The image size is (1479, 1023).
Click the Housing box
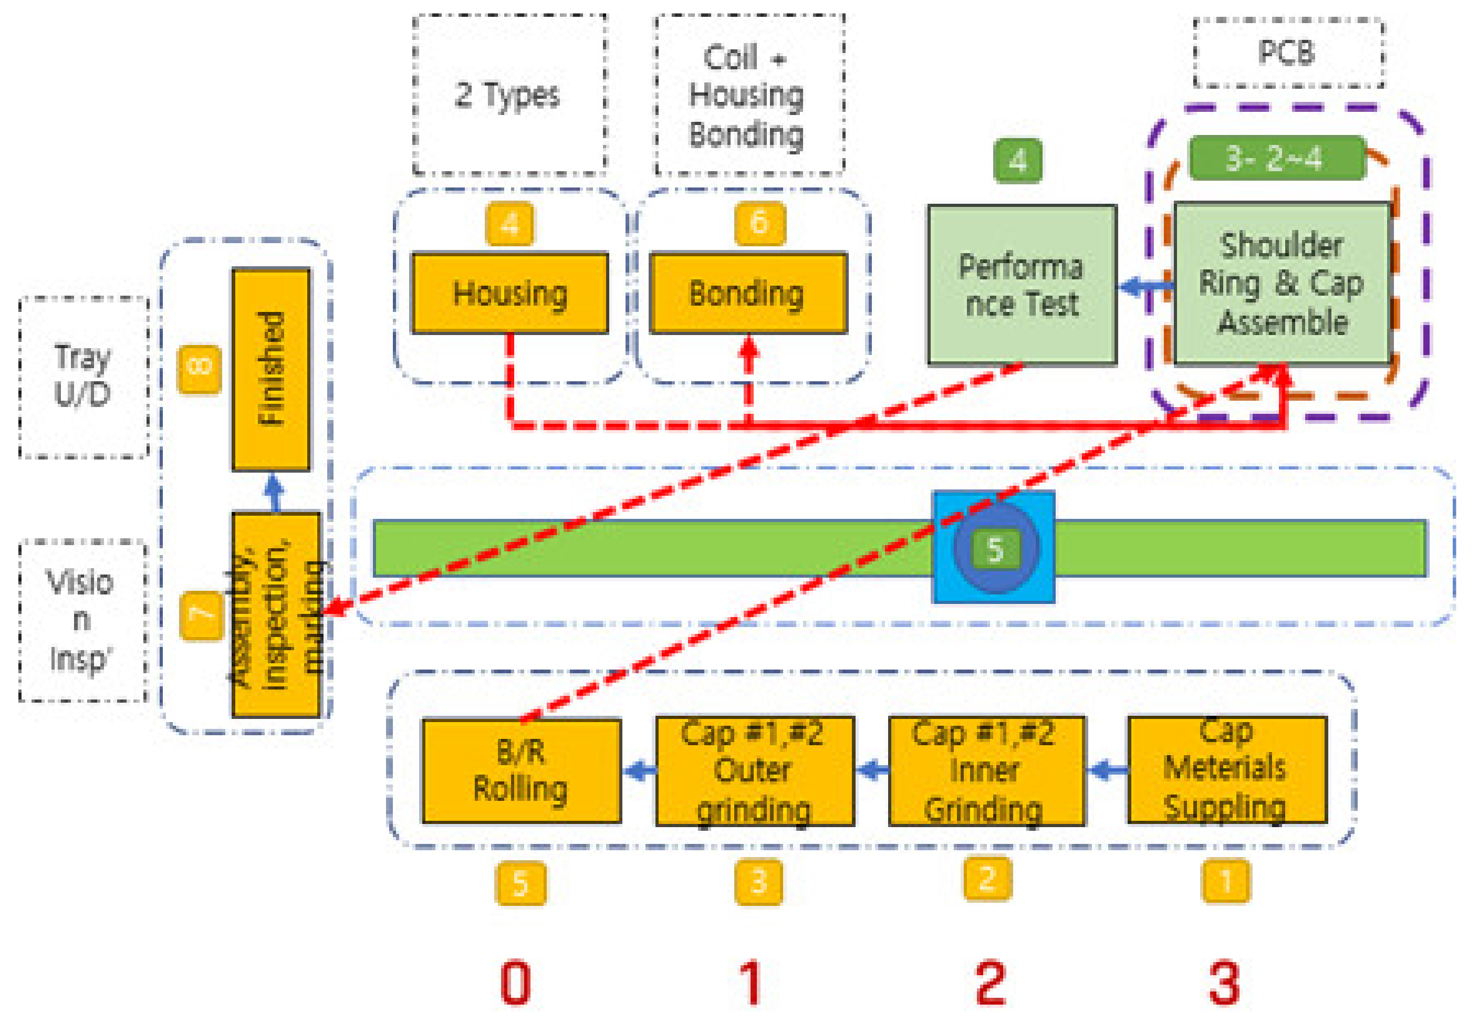[509, 293]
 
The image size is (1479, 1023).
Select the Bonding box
[747, 293]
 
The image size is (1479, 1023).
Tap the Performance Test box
[1022, 285]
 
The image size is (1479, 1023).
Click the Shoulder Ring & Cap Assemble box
[1282, 283]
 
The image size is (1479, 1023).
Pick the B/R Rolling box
[520, 770]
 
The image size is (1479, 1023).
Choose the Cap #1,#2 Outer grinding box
[755, 770]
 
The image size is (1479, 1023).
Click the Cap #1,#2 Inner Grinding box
[986, 770]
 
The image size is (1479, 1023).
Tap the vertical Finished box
[270, 369]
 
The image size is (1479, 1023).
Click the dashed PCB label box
[1287, 53]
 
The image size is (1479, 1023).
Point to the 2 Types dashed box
[509, 95]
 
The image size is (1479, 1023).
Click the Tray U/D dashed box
[84, 377]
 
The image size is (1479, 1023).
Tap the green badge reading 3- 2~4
[1276, 158]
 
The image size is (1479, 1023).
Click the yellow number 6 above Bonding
[759, 223]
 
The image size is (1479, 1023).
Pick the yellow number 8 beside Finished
[200, 369]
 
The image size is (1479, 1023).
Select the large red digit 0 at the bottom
[515, 983]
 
